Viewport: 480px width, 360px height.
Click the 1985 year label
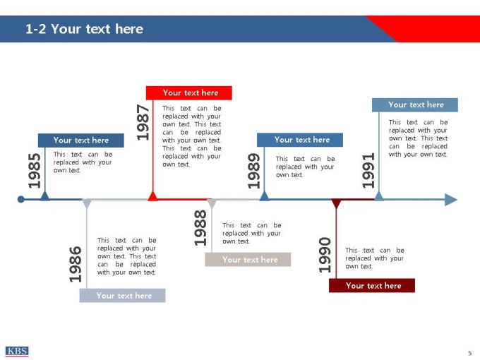(x=35, y=171)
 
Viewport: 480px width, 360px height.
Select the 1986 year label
(x=76, y=264)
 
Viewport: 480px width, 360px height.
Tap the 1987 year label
(x=143, y=122)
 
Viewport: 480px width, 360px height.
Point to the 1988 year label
(x=200, y=228)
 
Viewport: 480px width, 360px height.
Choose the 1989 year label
(x=254, y=171)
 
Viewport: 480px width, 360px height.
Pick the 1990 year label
(x=325, y=255)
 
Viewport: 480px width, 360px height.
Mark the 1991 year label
(x=368, y=170)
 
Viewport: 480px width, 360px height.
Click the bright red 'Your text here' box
(x=189, y=92)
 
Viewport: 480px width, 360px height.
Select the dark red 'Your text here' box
(x=372, y=286)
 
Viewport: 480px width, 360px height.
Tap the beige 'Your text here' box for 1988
(x=248, y=260)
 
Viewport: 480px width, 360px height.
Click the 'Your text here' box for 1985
(x=80, y=140)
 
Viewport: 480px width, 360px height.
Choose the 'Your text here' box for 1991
(x=415, y=105)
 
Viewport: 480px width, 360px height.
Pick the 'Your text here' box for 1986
(x=122, y=295)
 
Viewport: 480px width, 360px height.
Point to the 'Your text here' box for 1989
(x=300, y=140)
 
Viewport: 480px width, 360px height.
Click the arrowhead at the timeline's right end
(x=450, y=200)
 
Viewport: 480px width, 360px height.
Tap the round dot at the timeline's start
(x=20, y=200)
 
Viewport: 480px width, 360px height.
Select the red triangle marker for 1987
(x=152, y=196)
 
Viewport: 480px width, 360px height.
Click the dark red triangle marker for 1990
(x=336, y=204)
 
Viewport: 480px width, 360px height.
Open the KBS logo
(x=17, y=351)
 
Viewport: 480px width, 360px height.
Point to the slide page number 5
(x=469, y=353)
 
